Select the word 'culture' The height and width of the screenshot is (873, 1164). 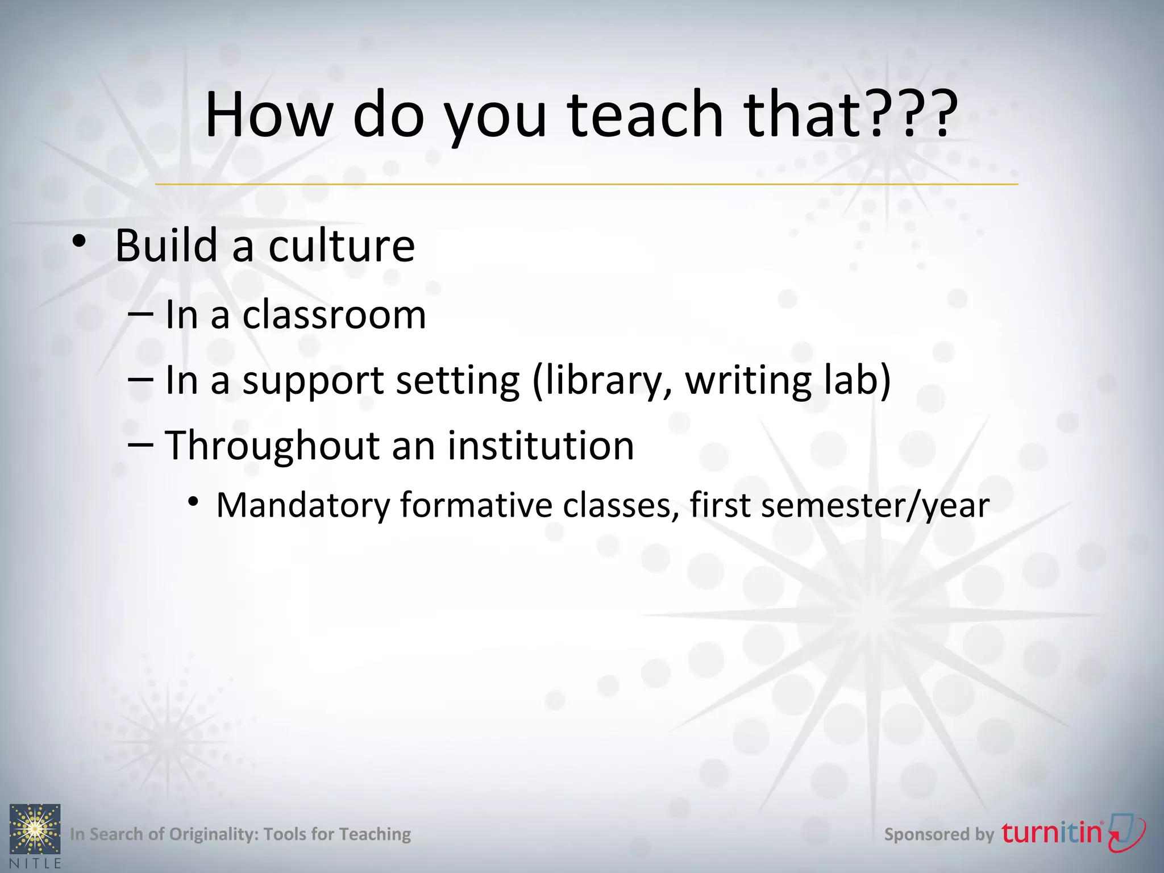click(342, 246)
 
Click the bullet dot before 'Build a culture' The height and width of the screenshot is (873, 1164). click(80, 242)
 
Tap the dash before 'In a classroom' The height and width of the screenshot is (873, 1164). click(140, 314)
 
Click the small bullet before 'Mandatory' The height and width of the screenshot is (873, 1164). click(194, 501)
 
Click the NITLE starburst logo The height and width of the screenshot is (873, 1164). click(35, 829)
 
